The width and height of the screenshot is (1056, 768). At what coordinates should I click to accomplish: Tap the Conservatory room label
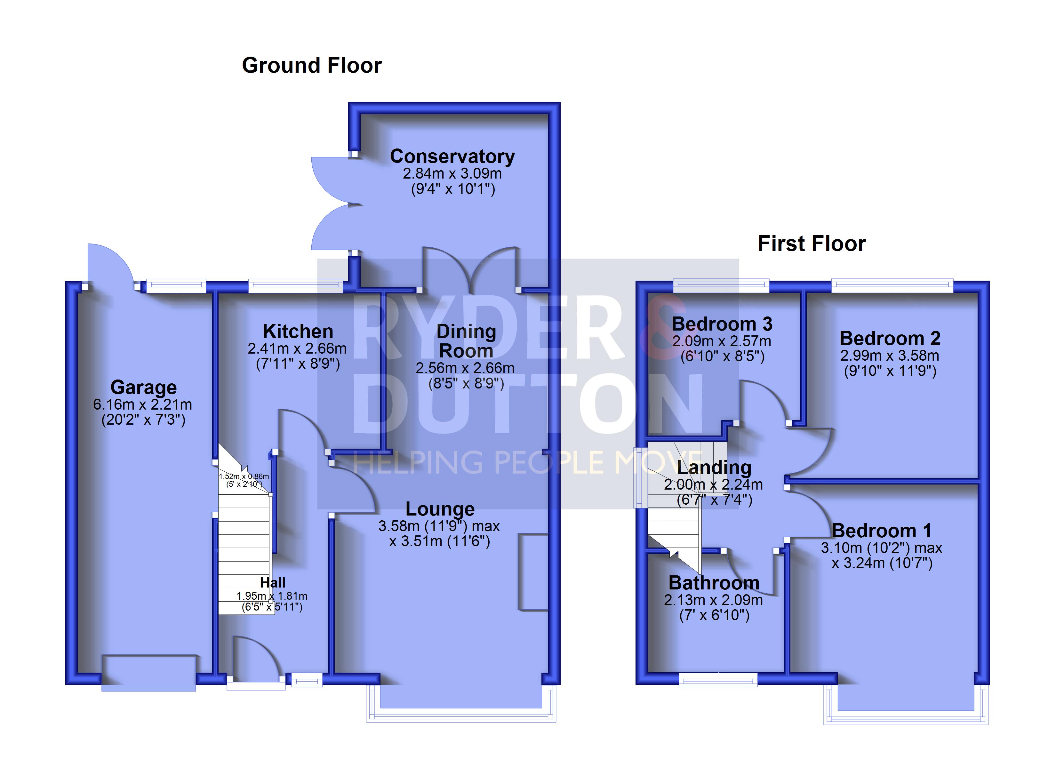pos(452,156)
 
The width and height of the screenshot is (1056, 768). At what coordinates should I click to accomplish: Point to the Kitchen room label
pos(298,332)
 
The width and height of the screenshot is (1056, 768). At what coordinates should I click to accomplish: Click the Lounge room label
pos(440,509)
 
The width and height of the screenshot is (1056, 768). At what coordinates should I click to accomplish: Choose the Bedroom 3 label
pos(722,324)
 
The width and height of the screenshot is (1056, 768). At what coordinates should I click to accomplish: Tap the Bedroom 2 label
pos(890,338)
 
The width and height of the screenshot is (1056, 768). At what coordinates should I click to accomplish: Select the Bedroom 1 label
pos(881,531)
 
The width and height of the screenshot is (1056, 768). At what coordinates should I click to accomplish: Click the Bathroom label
pos(714,583)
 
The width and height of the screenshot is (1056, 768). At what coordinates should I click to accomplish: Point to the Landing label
pos(714,468)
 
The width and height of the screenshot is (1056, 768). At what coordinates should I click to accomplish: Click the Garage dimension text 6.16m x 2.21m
pos(142,404)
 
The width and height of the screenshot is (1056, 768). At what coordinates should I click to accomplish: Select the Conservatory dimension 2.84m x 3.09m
pos(452,174)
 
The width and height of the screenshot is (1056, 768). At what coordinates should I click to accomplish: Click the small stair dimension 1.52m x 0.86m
pos(244,476)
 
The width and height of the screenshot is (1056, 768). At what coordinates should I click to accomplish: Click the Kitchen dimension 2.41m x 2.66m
pos(297,348)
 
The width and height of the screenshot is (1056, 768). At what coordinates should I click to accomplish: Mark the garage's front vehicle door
pos(148,674)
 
